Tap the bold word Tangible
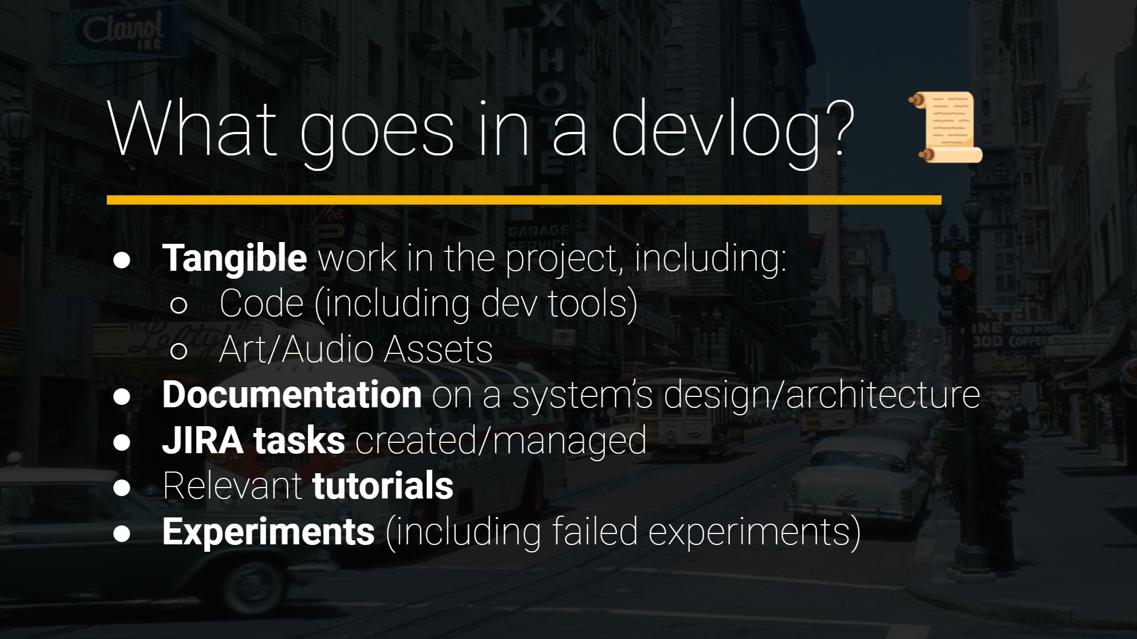tap(235, 258)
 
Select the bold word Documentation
tap(292, 395)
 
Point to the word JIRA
tap(202, 441)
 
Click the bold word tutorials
tap(382, 486)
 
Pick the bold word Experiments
tap(268, 532)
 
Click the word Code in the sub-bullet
tap(261, 303)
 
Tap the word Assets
tap(438, 349)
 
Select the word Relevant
tap(232, 486)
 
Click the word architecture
tap(882, 395)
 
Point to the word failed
tap(595, 532)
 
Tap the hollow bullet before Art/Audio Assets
tap(179, 350)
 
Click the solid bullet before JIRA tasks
tap(122, 442)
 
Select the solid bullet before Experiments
tap(122, 533)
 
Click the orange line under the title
tap(523, 200)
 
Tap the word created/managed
tap(501, 441)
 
